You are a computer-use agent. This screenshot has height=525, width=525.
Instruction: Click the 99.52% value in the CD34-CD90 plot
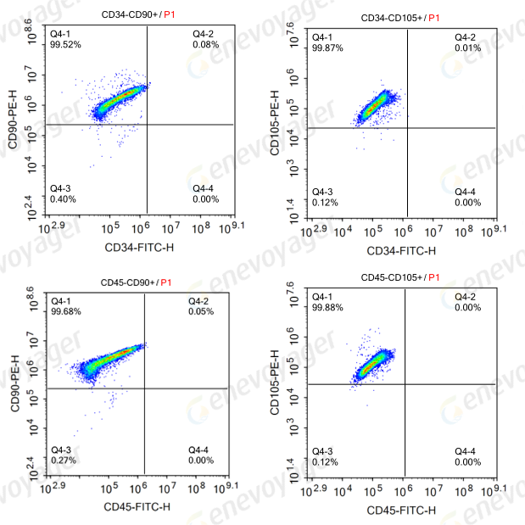66,44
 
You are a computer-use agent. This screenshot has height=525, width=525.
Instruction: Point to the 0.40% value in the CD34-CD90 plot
64,199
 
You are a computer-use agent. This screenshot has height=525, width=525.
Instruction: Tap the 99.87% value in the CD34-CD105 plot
327,48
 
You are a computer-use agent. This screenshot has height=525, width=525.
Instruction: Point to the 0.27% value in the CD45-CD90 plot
64,461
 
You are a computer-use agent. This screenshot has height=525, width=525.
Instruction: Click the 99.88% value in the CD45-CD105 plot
327,308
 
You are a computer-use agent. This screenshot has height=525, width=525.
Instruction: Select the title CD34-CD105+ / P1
401,17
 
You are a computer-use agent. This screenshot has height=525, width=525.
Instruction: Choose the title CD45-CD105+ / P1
401,277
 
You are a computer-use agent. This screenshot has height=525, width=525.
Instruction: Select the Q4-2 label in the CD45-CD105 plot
465,297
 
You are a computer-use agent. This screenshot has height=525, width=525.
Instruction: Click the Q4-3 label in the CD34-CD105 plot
322,192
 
